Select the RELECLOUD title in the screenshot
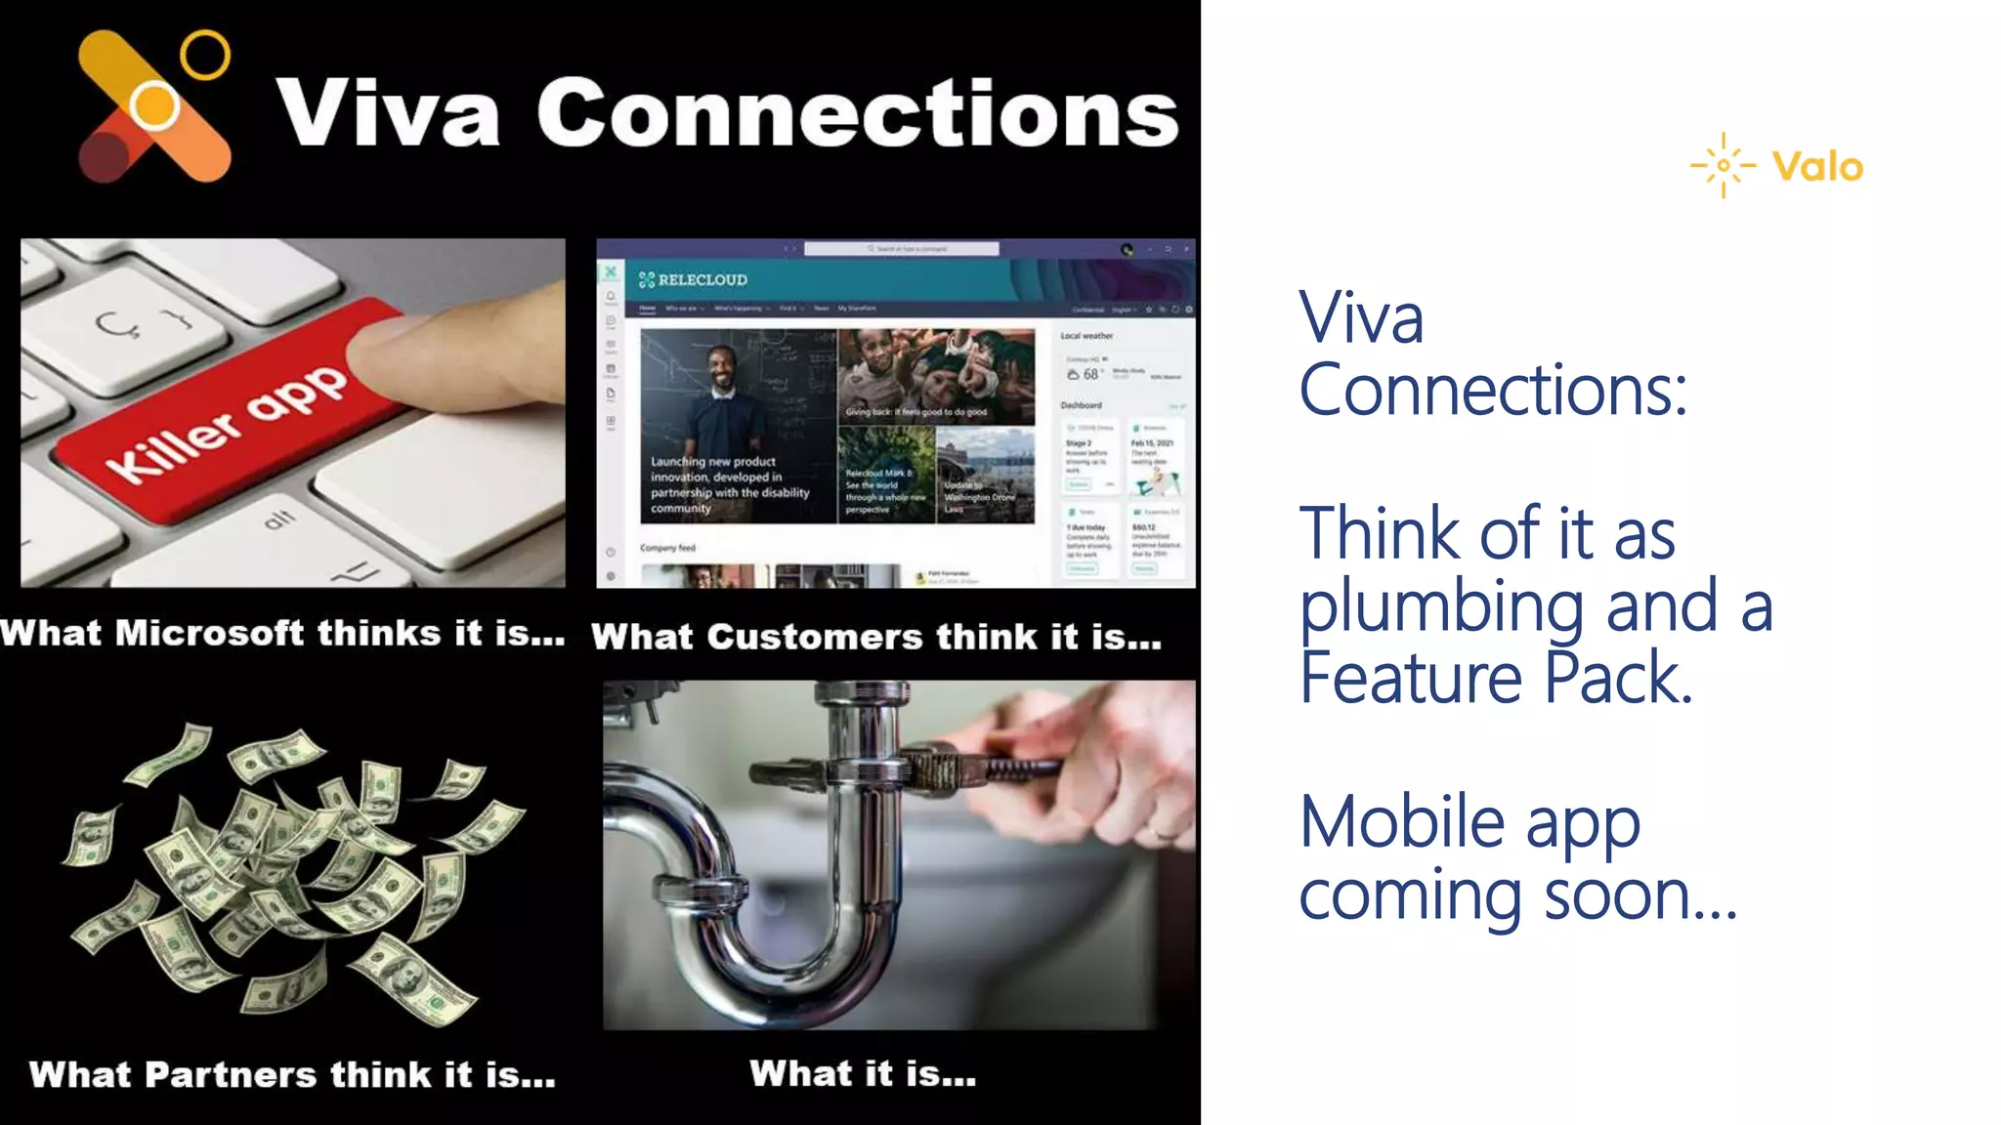tap(702, 280)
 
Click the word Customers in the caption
tap(815, 638)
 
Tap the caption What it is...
tap(863, 1074)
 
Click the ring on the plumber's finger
tap(1163, 833)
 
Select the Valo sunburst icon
tap(1724, 165)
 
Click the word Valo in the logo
tap(1817, 167)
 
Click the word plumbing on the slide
tap(1442, 606)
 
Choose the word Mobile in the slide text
tap(1401, 822)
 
